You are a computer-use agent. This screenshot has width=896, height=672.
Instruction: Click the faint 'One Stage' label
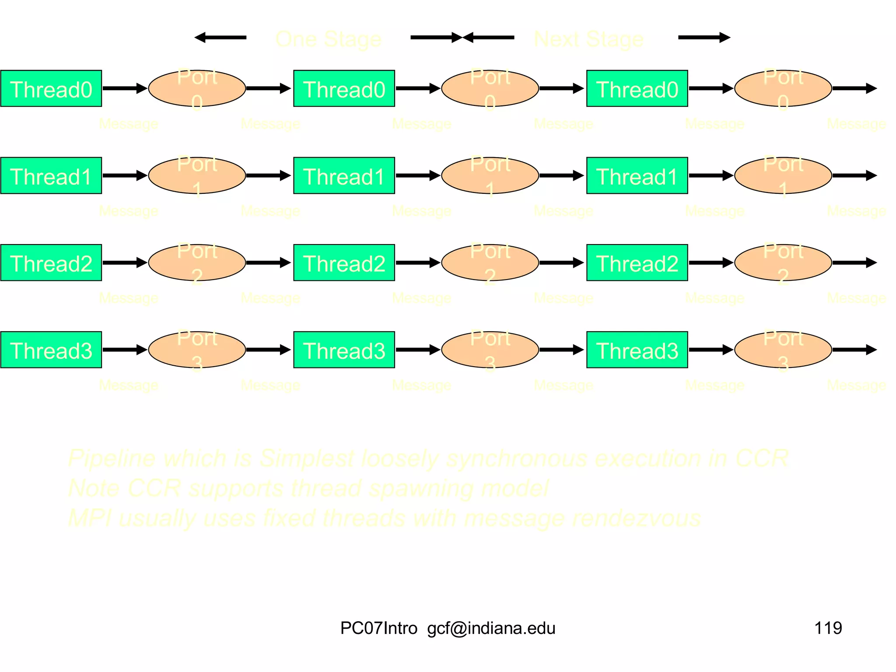[x=328, y=39]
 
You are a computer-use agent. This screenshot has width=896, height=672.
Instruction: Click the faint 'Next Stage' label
[x=588, y=39]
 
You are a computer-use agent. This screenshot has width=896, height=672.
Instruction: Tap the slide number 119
[x=828, y=628]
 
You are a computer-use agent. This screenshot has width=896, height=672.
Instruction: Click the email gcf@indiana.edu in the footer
[x=491, y=628]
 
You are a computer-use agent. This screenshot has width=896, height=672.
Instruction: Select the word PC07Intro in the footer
[x=378, y=628]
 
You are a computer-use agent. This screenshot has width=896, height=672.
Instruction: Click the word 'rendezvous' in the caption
[x=637, y=518]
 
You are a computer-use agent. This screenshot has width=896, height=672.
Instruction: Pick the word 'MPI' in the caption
[x=90, y=518]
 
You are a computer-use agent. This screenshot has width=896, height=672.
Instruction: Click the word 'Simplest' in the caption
[x=306, y=458]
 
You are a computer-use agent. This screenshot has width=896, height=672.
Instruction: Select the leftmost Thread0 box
[x=51, y=88]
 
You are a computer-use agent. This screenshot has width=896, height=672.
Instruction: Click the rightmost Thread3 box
[x=637, y=350]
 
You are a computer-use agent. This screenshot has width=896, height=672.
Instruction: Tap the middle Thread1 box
[x=344, y=175]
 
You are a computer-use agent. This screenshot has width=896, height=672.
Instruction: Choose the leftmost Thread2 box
[x=51, y=262]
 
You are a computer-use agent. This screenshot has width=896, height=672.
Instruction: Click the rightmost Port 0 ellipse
[x=783, y=88]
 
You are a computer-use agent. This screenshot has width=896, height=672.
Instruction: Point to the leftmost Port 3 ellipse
[x=197, y=350]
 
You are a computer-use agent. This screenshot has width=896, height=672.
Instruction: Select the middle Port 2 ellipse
[x=490, y=262]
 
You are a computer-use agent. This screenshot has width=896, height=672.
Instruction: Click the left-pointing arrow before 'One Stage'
[x=220, y=38]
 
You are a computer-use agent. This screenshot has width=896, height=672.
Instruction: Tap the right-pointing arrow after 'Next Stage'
[x=704, y=38]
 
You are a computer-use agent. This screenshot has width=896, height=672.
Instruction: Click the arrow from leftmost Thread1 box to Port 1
[x=125, y=175]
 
